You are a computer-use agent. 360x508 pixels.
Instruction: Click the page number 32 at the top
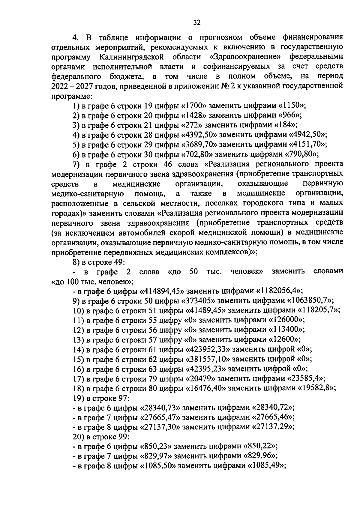(197, 22)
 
